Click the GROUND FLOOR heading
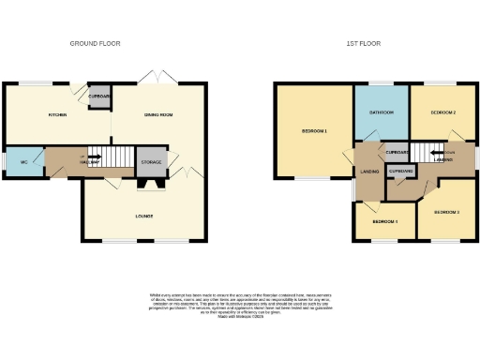tap(96, 43)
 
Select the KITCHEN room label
tap(57, 115)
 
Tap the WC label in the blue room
tap(24, 162)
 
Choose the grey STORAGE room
tap(151, 162)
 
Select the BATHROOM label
tap(380, 112)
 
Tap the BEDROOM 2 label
tap(442, 112)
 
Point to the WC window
tap(4, 162)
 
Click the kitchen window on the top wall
tap(37, 84)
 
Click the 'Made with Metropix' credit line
tap(240, 318)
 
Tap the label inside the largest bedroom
tap(313, 130)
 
